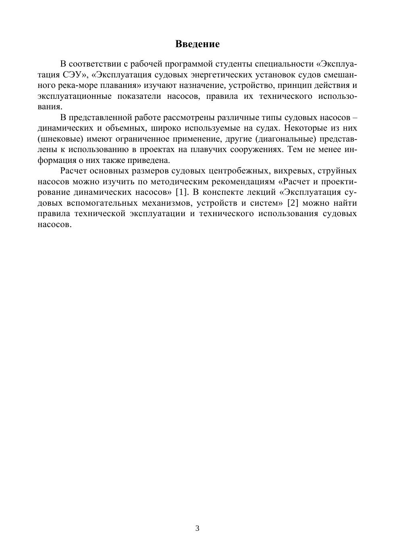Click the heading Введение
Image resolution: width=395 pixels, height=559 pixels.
(x=197, y=44)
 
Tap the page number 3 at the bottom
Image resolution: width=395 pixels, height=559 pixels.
(x=197, y=528)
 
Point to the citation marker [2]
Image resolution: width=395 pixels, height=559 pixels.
(x=293, y=202)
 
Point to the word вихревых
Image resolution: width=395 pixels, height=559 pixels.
(x=291, y=170)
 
